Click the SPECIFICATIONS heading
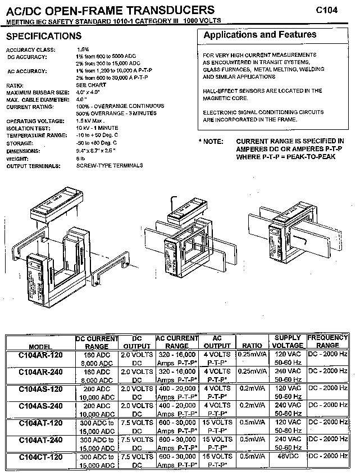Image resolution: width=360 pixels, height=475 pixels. [44, 37]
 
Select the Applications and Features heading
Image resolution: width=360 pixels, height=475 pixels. [259, 35]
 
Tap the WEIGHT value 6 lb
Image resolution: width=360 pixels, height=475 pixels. [81, 159]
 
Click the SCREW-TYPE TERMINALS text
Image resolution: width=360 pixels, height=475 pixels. [110, 166]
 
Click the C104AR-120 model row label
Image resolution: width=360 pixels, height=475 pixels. [41, 355]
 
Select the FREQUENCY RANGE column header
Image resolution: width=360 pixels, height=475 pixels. [328, 342]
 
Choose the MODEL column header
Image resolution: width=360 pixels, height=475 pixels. [41, 346]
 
